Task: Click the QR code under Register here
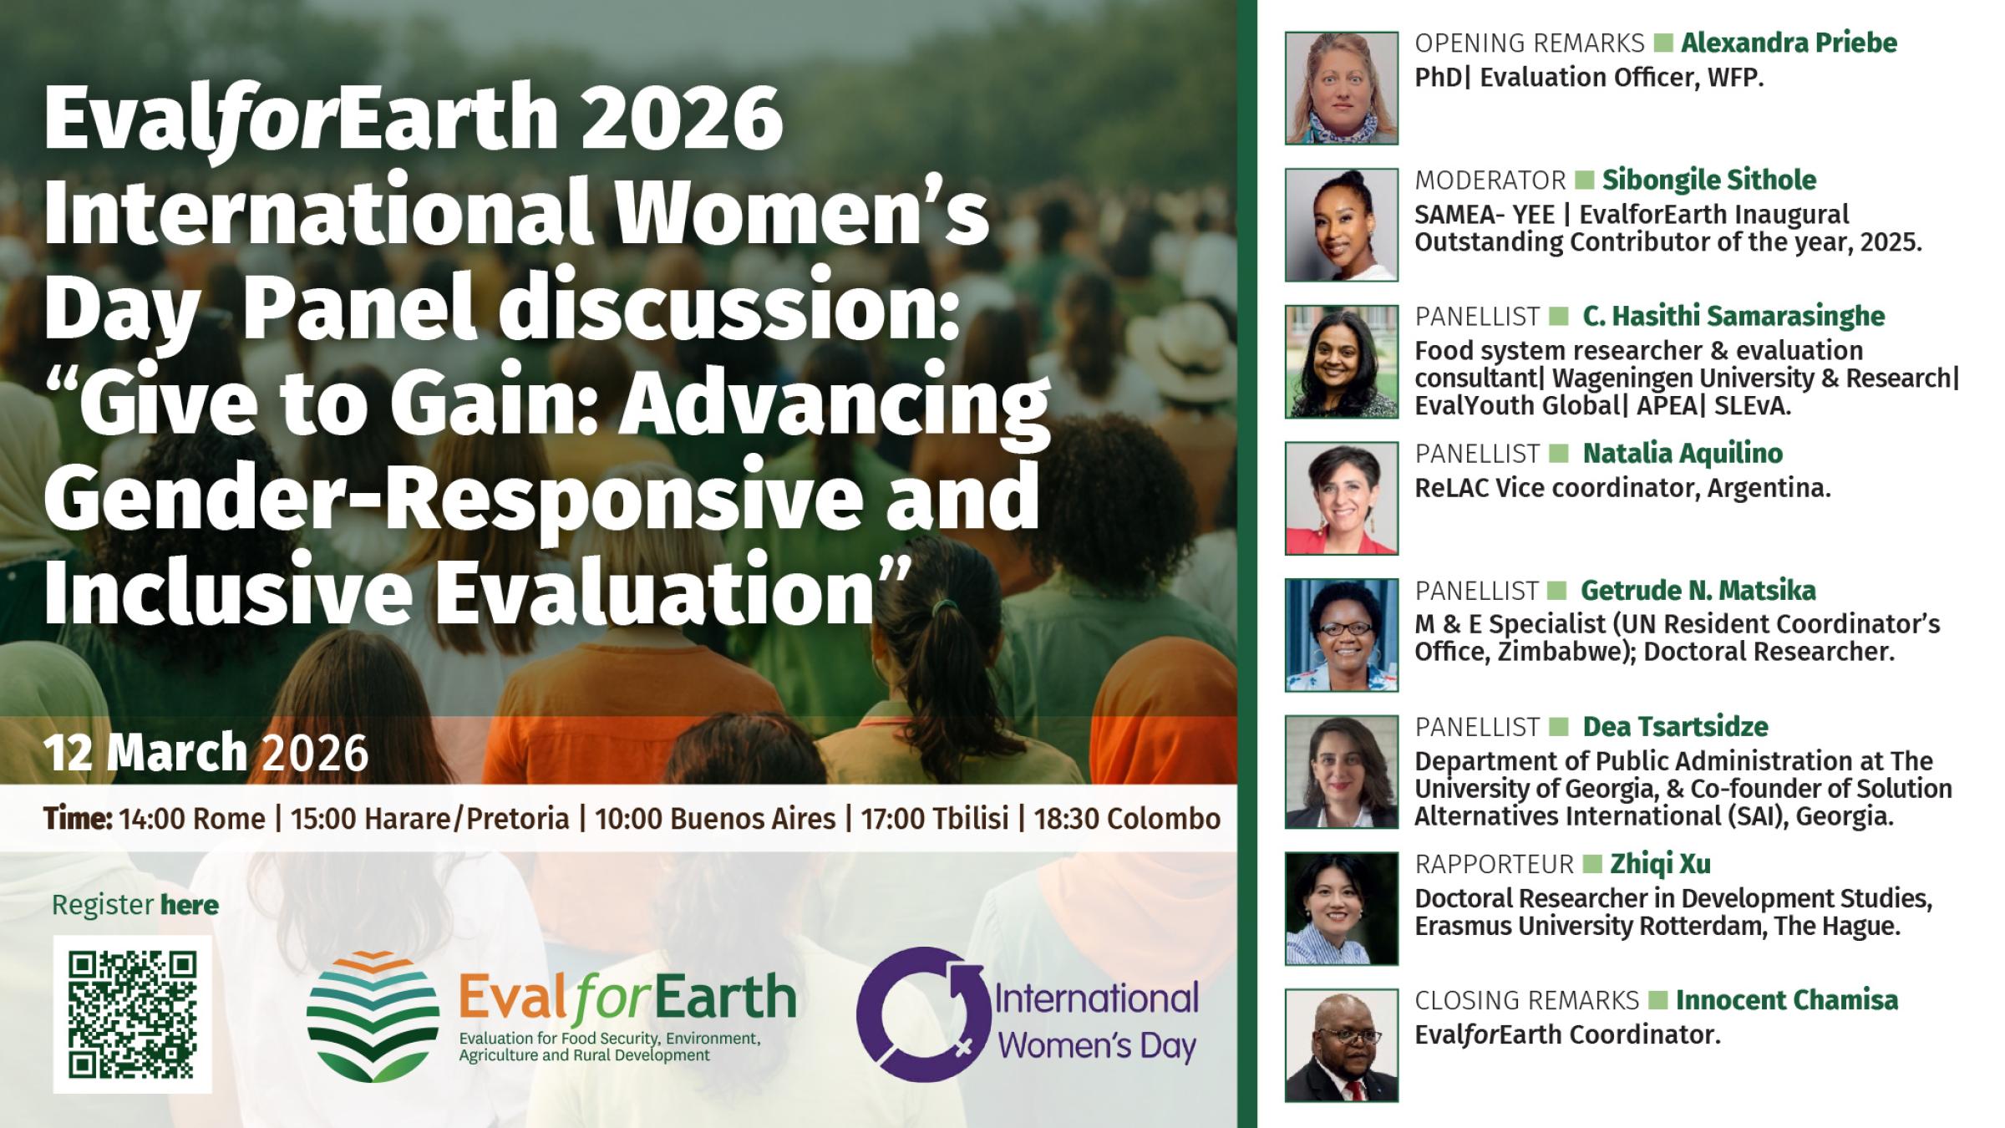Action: tap(132, 1014)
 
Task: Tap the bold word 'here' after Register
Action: tap(190, 905)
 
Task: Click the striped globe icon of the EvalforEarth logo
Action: tap(373, 1015)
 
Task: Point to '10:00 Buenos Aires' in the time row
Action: tap(715, 819)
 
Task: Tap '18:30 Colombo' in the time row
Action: tap(1127, 819)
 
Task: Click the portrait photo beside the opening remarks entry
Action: tap(1341, 89)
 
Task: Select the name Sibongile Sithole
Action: tap(1708, 180)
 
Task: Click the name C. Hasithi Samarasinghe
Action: tap(1733, 316)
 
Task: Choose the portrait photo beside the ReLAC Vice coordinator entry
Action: tap(1341, 498)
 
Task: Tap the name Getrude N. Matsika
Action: tap(1698, 591)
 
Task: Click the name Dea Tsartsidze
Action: tap(1675, 727)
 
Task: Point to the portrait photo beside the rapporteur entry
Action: tap(1341, 908)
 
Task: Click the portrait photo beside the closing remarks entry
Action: tap(1341, 1045)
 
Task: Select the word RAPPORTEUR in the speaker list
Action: tap(1494, 864)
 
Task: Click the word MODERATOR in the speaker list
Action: tap(1490, 180)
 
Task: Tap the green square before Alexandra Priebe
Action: tap(1662, 43)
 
